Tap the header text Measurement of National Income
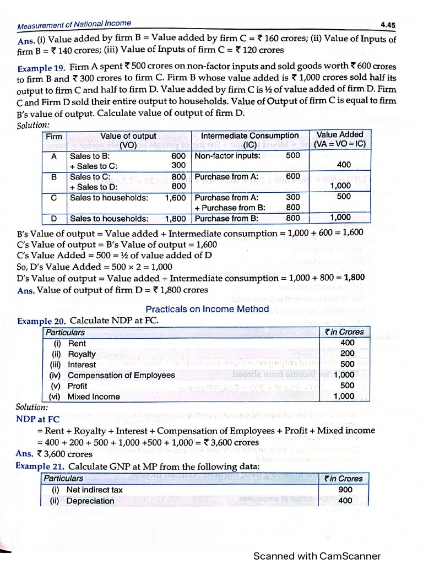[x=74, y=24]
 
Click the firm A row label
[x=54, y=155]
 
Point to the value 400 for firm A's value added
[x=344, y=165]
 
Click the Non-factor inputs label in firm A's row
[x=227, y=155]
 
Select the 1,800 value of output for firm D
[x=175, y=218]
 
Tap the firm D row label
[x=54, y=218]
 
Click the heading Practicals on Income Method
[x=207, y=309]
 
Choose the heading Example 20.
[x=41, y=321]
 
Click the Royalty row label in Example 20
[x=82, y=354]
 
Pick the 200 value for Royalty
[x=348, y=354]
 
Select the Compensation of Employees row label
[x=121, y=375]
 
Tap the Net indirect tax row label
[x=94, y=490]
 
